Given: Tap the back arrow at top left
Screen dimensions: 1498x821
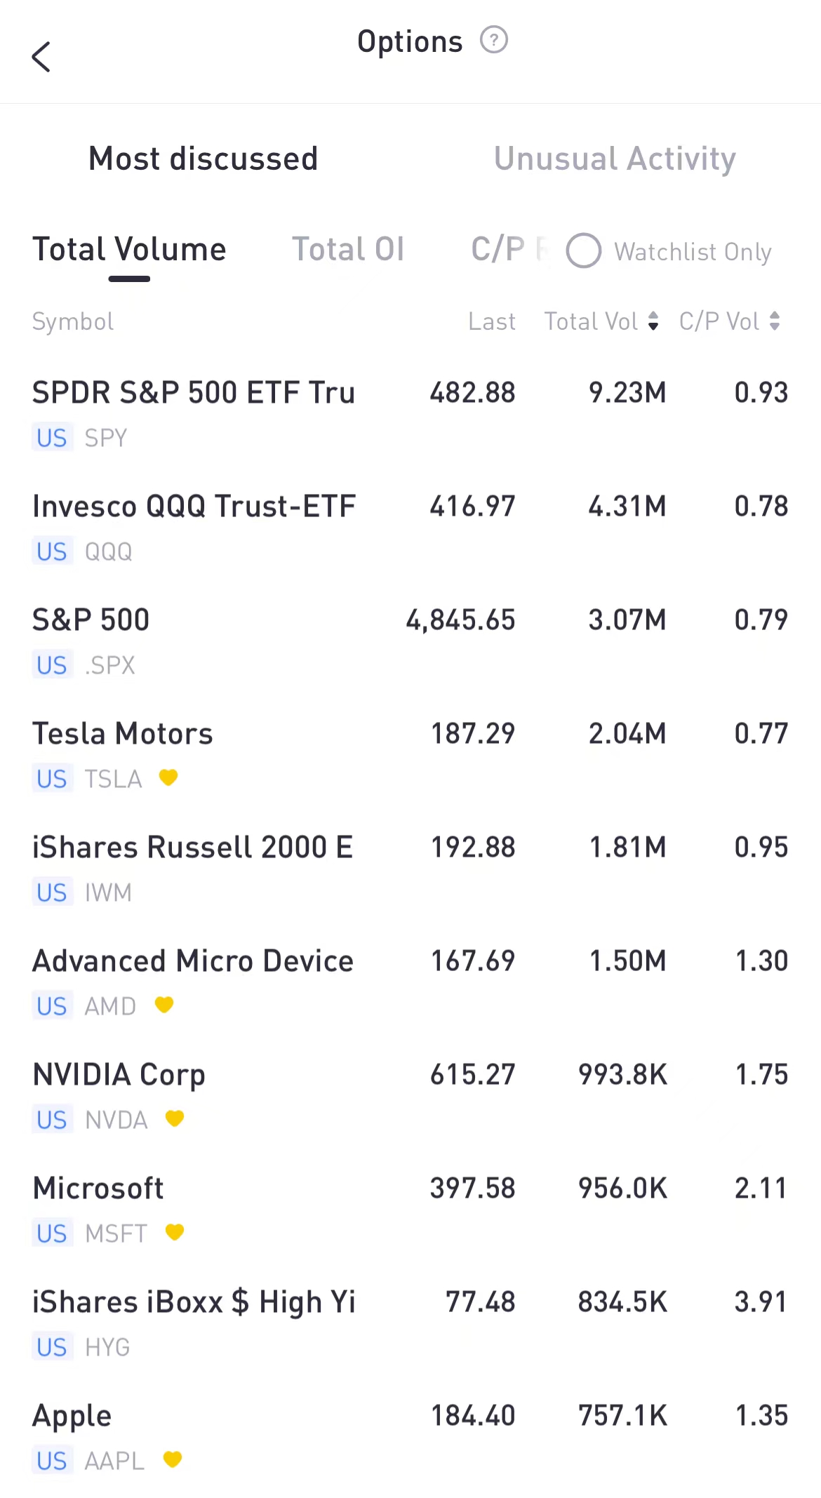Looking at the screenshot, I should (x=41, y=57).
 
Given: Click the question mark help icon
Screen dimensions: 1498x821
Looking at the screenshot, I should (x=493, y=40).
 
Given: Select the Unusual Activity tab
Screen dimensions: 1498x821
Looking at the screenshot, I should (x=615, y=159).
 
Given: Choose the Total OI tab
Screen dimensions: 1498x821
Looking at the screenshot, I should (x=348, y=250).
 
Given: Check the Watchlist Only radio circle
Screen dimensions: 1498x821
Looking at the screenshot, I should (x=584, y=251).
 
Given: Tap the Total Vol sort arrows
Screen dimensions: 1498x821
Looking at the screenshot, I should (x=653, y=321).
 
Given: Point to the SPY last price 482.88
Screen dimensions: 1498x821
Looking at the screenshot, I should (x=472, y=393).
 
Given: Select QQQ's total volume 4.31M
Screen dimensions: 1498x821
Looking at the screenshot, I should (x=627, y=507).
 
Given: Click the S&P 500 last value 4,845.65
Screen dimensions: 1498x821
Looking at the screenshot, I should (x=460, y=620).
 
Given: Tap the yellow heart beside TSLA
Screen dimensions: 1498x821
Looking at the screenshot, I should (x=168, y=777).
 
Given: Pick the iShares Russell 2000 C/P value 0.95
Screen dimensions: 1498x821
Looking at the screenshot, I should (x=761, y=848).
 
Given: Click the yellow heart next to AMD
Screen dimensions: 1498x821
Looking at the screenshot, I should (x=164, y=1005).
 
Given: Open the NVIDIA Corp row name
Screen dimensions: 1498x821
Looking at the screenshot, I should (x=119, y=1075).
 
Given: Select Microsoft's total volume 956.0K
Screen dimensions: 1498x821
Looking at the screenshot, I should (x=622, y=1189).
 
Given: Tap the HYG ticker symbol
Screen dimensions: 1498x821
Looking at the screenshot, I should (x=107, y=1347).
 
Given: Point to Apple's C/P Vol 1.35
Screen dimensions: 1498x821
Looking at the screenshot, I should (x=761, y=1416).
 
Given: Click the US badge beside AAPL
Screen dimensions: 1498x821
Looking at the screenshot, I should (x=52, y=1461).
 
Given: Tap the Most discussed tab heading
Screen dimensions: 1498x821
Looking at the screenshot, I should (x=203, y=159).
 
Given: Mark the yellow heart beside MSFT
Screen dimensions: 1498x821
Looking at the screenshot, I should (x=175, y=1232).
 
